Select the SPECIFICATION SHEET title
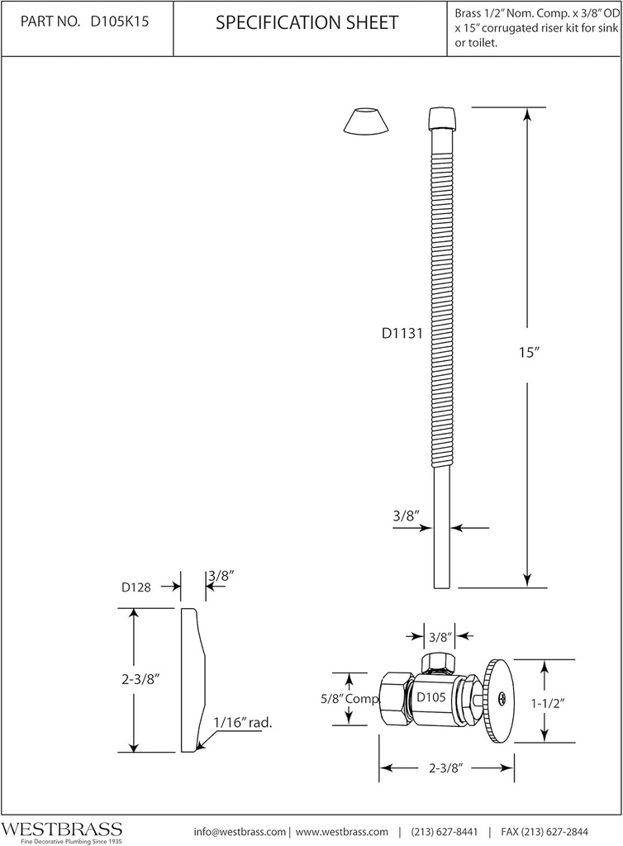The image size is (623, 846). point(307,24)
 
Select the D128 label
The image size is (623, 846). point(136,587)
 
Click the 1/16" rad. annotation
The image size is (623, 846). point(243,722)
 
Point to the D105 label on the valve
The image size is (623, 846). point(430,697)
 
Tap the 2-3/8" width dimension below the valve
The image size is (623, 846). point(446,768)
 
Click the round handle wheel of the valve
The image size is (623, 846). point(500,701)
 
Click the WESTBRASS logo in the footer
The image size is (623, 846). point(61,828)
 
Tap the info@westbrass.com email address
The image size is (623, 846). point(240,831)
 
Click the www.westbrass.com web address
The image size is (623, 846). point(342,831)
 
